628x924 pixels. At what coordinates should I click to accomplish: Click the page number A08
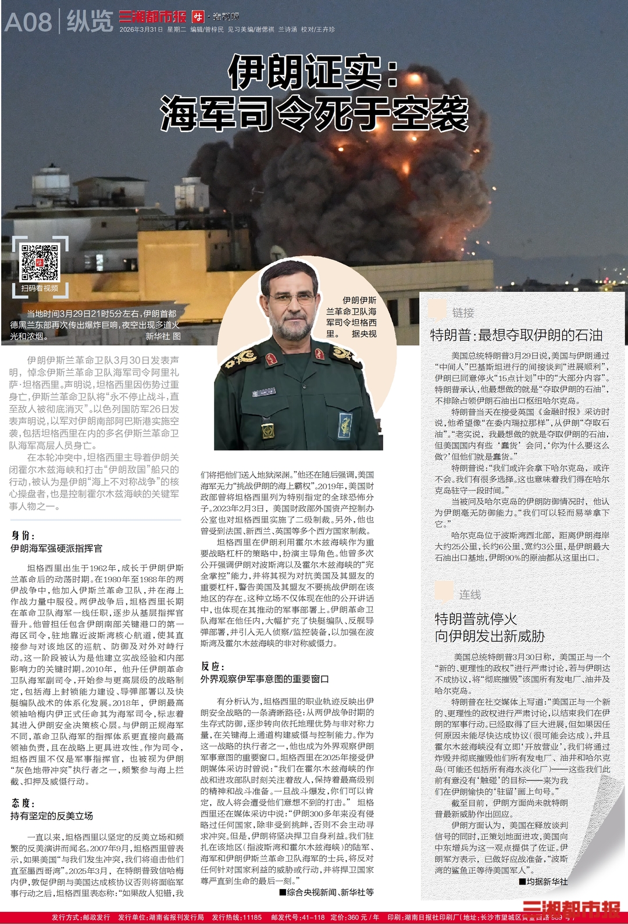[x=28, y=22]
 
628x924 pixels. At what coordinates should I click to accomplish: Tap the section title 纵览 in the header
[x=90, y=22]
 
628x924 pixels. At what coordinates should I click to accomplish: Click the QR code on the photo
[x=40, y=263]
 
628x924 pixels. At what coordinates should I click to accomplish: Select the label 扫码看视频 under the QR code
[x=40, y=288]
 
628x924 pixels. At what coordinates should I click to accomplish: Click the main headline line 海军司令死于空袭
[x=314, y=113]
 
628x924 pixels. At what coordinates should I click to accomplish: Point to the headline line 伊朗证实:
[x=314, y=71]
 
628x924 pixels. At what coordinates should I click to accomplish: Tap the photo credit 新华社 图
[x=163, y=336]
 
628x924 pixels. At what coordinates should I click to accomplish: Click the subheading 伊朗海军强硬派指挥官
[x=56, y=548]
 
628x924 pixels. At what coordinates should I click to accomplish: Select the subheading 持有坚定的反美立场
[x=52, y=815]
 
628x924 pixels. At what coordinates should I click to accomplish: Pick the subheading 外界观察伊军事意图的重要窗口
[x=265, y=679]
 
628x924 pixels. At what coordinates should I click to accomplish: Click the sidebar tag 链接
[x=463, y=313]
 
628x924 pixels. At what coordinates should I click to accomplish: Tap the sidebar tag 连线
[x=470, y=594]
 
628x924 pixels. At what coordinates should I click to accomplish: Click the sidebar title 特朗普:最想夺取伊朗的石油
[x=516, y=335]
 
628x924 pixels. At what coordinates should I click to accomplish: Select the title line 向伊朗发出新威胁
[x=490, y=636]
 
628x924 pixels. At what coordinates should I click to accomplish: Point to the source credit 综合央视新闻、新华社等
[x=327, y=892]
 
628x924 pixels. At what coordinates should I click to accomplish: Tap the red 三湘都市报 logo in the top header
[x=152, y=16]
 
